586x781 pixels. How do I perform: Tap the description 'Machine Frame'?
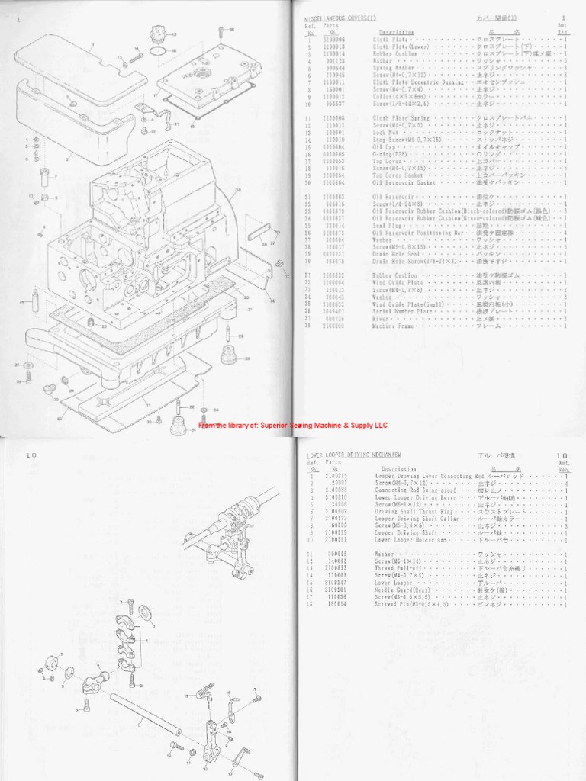point(393,325)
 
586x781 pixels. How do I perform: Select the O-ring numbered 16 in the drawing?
point(158,51)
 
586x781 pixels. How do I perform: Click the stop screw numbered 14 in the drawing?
point(135,55)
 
